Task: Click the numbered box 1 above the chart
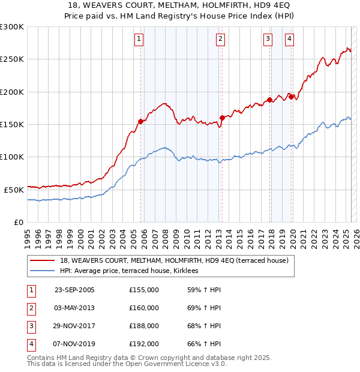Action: point(139,39)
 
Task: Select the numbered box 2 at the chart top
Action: point(220,39)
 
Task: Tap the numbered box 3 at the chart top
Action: point(268,39)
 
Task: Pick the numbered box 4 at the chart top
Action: point(289,39)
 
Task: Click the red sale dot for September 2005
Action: point(141,121)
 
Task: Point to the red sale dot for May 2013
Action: point(222,118)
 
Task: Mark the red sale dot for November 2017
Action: point(270,100)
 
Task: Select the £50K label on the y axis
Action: point(14,189)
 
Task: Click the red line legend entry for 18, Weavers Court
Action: point(174,260)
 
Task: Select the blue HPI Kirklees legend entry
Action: point(133,271)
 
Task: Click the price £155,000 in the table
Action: point(144,290)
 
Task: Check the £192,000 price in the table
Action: point(144,344)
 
